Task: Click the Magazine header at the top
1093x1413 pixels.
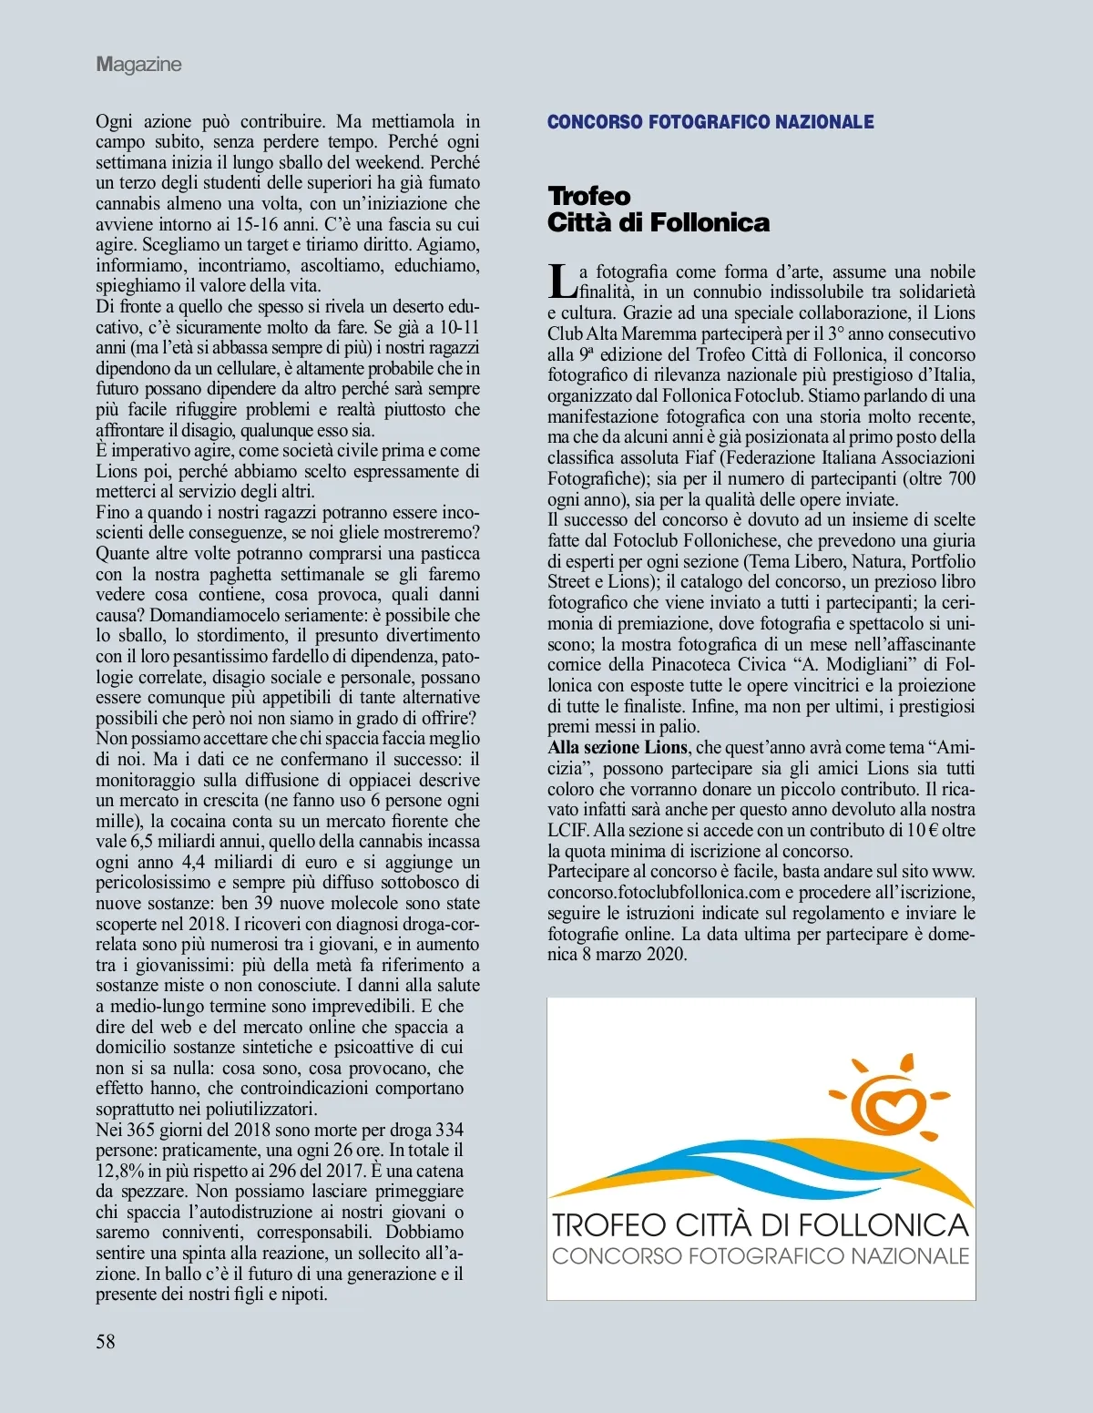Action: (x=138, y=65)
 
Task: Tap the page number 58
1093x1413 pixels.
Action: (x=106, y=1340)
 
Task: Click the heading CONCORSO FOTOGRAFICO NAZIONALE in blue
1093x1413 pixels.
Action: (x=710, y=122)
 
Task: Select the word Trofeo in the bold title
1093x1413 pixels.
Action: (x=589, y=196)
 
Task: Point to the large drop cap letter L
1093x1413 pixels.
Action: (x=562, y=281)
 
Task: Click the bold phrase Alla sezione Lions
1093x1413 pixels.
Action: (x=618, y=747)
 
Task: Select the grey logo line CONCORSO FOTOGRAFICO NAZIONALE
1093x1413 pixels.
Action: (x=761, y=1256)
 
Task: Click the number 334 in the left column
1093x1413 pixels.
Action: (x=450, y=1131)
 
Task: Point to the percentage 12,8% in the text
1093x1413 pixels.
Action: (x=120, y=1172)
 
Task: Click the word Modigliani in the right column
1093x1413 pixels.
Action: (x=862, y=664)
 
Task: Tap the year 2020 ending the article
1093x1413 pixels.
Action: (x=666, y=954)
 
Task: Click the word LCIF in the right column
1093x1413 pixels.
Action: (x=567, y=830)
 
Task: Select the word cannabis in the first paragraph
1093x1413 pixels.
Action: (x=128, y=203)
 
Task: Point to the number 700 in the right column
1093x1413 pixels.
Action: (x=962, y=478)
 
